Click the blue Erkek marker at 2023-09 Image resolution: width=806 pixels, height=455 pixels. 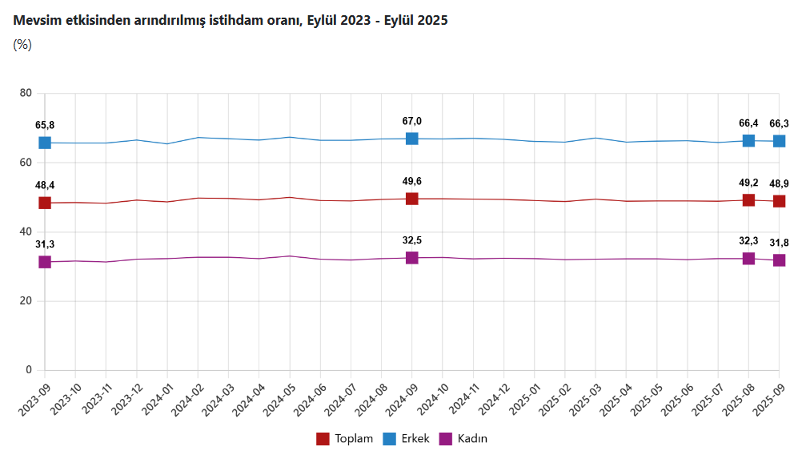click(x=45, y=143)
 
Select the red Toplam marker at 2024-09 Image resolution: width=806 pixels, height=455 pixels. click(x=412, y=199)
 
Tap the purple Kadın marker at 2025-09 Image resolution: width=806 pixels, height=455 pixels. click(x=779, y=260)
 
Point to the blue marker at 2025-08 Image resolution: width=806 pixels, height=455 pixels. click(x=748, y=141)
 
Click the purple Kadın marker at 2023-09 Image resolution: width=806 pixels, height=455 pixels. click(x=45, y=262)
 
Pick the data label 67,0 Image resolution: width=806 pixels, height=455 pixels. click(x=412, y=121)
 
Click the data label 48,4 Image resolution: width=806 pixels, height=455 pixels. click(x=45, y=185)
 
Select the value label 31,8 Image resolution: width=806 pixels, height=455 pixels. click(x=779, y=243)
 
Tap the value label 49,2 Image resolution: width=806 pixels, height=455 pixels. click(x=748, y=183)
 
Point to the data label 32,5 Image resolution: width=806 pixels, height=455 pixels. click(x=412, y=240)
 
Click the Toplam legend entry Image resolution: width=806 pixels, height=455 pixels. click(x=347, y=439)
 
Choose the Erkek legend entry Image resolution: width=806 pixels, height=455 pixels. click(x=407, y=439)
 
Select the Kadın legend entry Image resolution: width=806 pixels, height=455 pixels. click(x=465, y=439)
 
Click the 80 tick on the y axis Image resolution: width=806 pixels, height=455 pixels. click(x=26, y=94)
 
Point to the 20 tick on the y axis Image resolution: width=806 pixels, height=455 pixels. click(x=26, y=301)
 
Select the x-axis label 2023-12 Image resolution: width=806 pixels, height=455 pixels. click(x=127, y=397)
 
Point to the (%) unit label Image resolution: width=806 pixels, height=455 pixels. click(x=22, y=45)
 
